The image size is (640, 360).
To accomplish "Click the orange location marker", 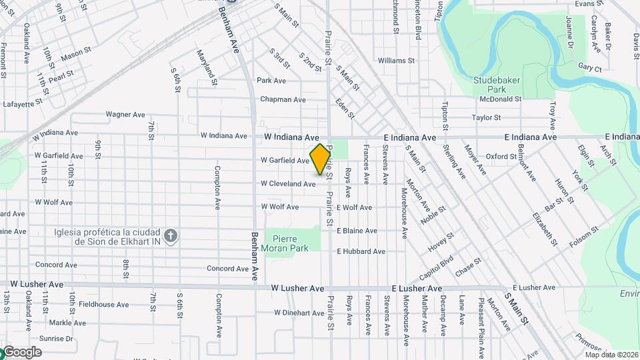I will tap(321, 159).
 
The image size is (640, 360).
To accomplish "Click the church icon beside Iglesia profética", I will tap(171, 235).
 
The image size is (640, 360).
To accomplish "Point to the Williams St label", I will tap(396, 61).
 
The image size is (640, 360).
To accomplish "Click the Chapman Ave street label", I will tap(283, 100).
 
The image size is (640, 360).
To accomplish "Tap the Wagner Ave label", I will tap(125, 115).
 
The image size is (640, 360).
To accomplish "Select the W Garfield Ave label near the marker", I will tap(285, 161).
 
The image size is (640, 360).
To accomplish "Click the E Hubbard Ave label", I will tap(361, 251).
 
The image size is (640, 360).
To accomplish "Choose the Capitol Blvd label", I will tap(437, 268).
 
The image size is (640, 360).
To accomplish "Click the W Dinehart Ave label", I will tap(299, 313).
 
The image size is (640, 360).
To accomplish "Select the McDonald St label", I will tap(500, 99).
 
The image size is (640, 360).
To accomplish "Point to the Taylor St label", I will tap(486, 118).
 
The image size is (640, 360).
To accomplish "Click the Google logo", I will tap(21, 352).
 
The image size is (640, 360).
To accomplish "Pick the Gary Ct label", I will tap(590, 68).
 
